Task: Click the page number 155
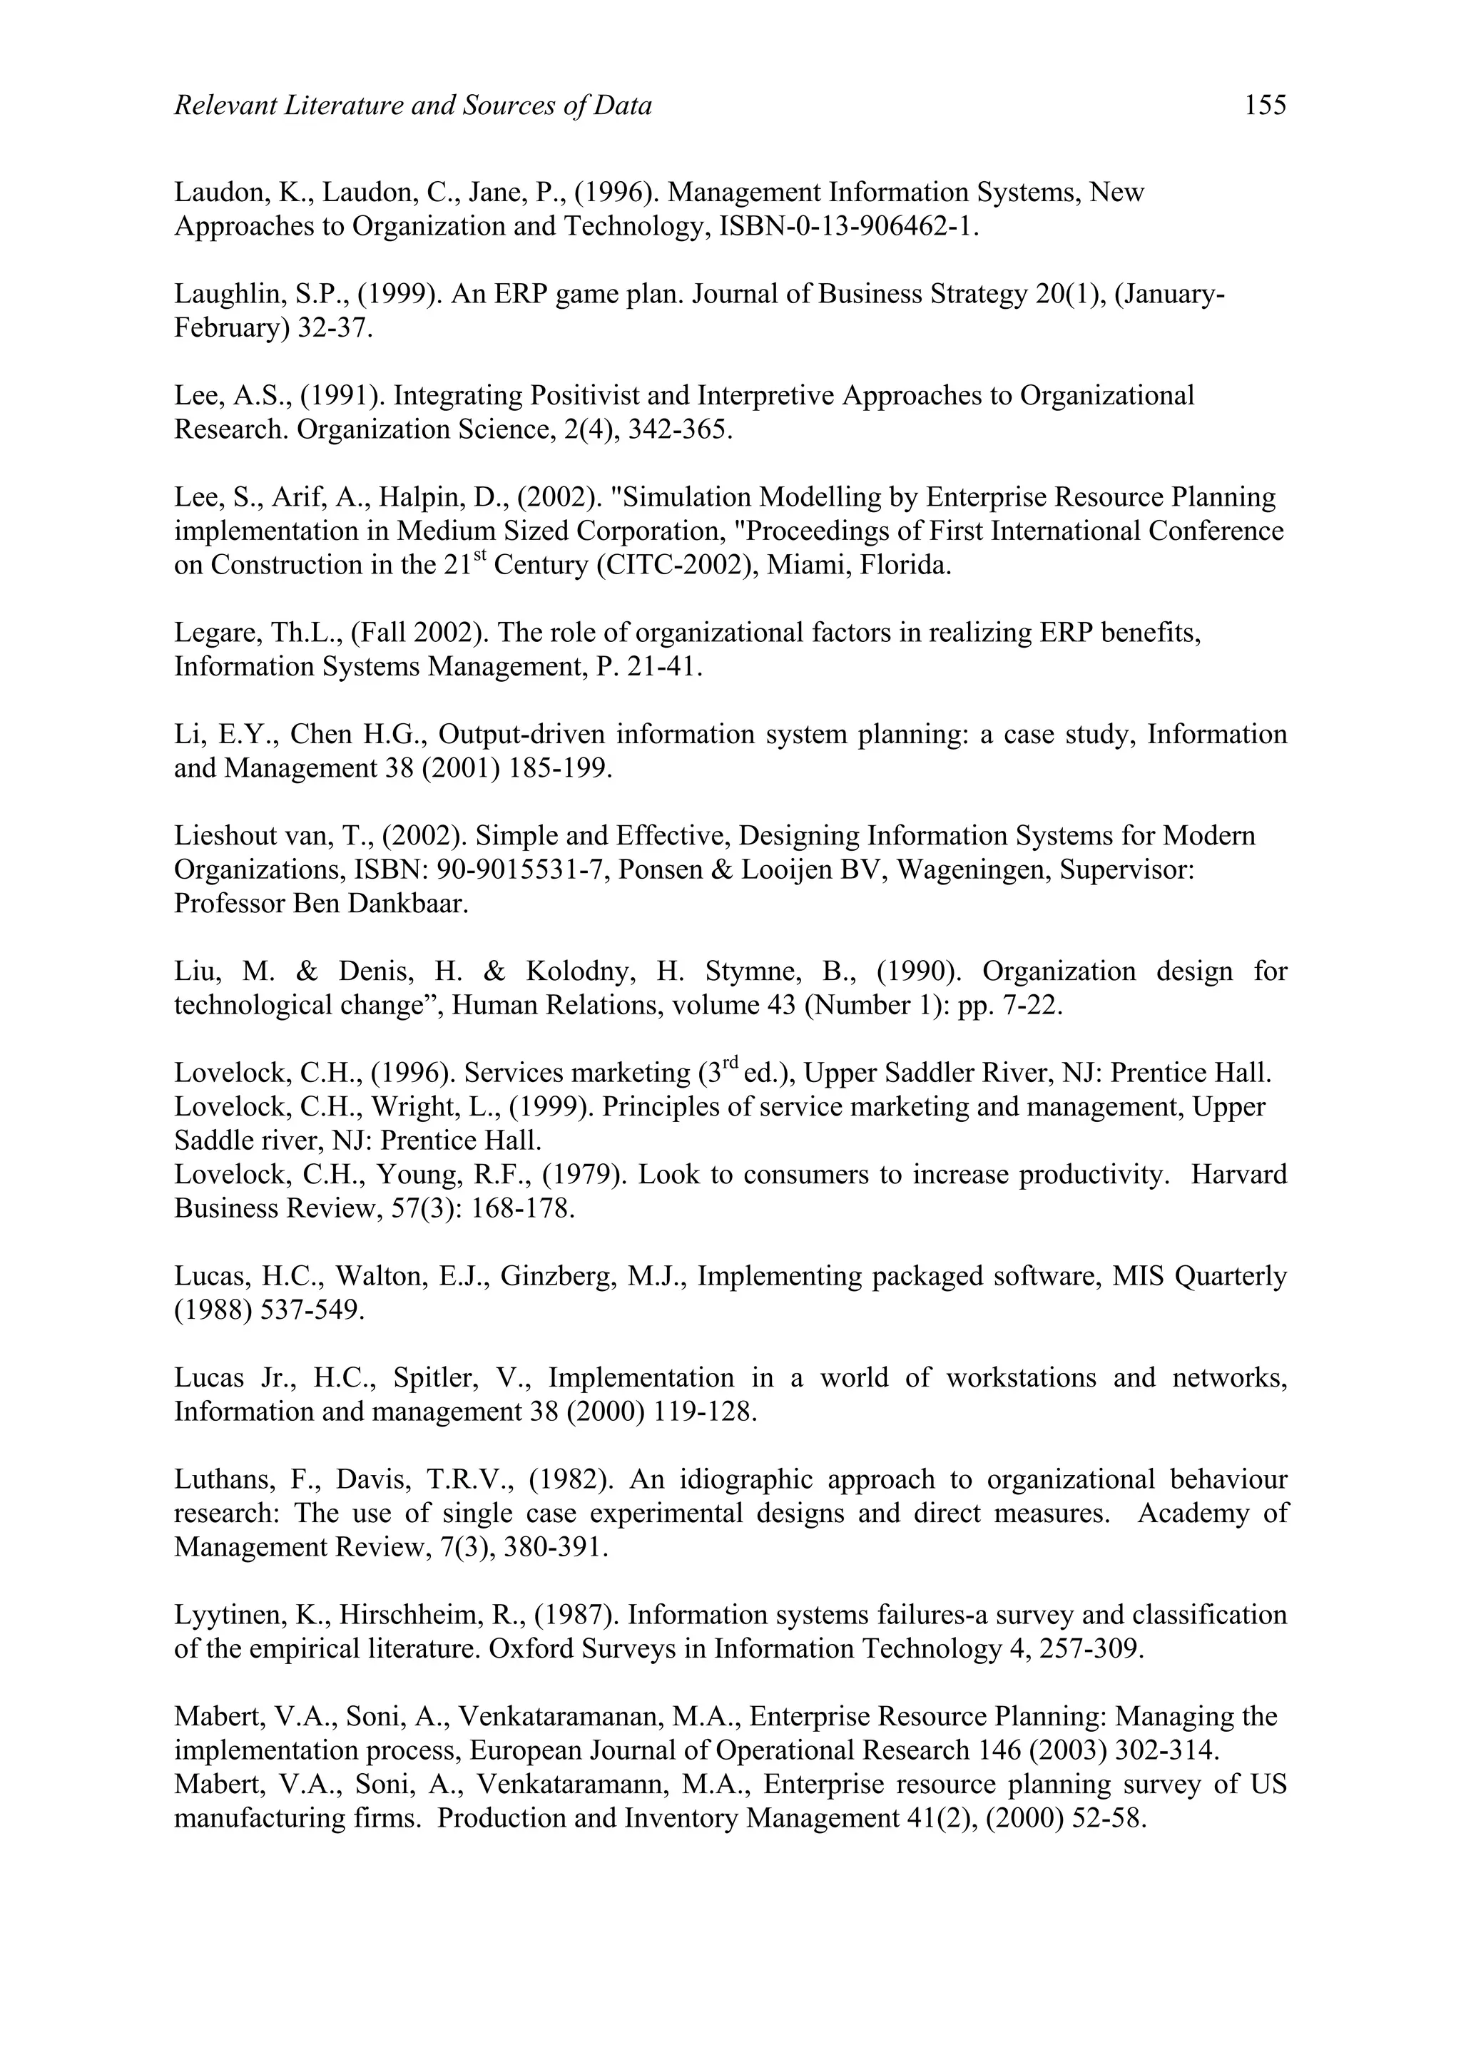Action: pyautogui.click(x=1265, y=106)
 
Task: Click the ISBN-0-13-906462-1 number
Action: pyautogui.click(x=848, y=226)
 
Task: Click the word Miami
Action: pyautogui.click(x=800, y=566)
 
